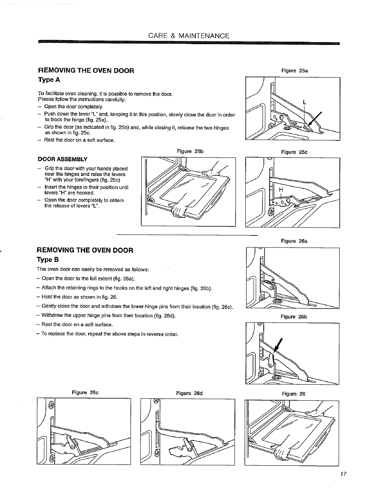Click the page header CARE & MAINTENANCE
[x=189, y=36]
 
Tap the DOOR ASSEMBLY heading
[x=62, y=159]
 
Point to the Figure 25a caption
[x=294, y=71]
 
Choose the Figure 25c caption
[x=294, y=152]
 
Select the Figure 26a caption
[x=294, y=241]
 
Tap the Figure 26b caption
[x=294, y=317]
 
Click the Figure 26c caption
[x=85, y=392]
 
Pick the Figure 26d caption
[x=189, y=393]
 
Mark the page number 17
[x=343, y=474]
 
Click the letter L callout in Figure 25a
[x=304, y=103]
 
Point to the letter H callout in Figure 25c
[x=281, y=189]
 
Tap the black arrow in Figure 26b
[x=277, y=344]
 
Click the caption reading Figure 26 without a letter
[x=293, y=394]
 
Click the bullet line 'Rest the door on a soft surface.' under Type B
[x=77, y=325]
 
